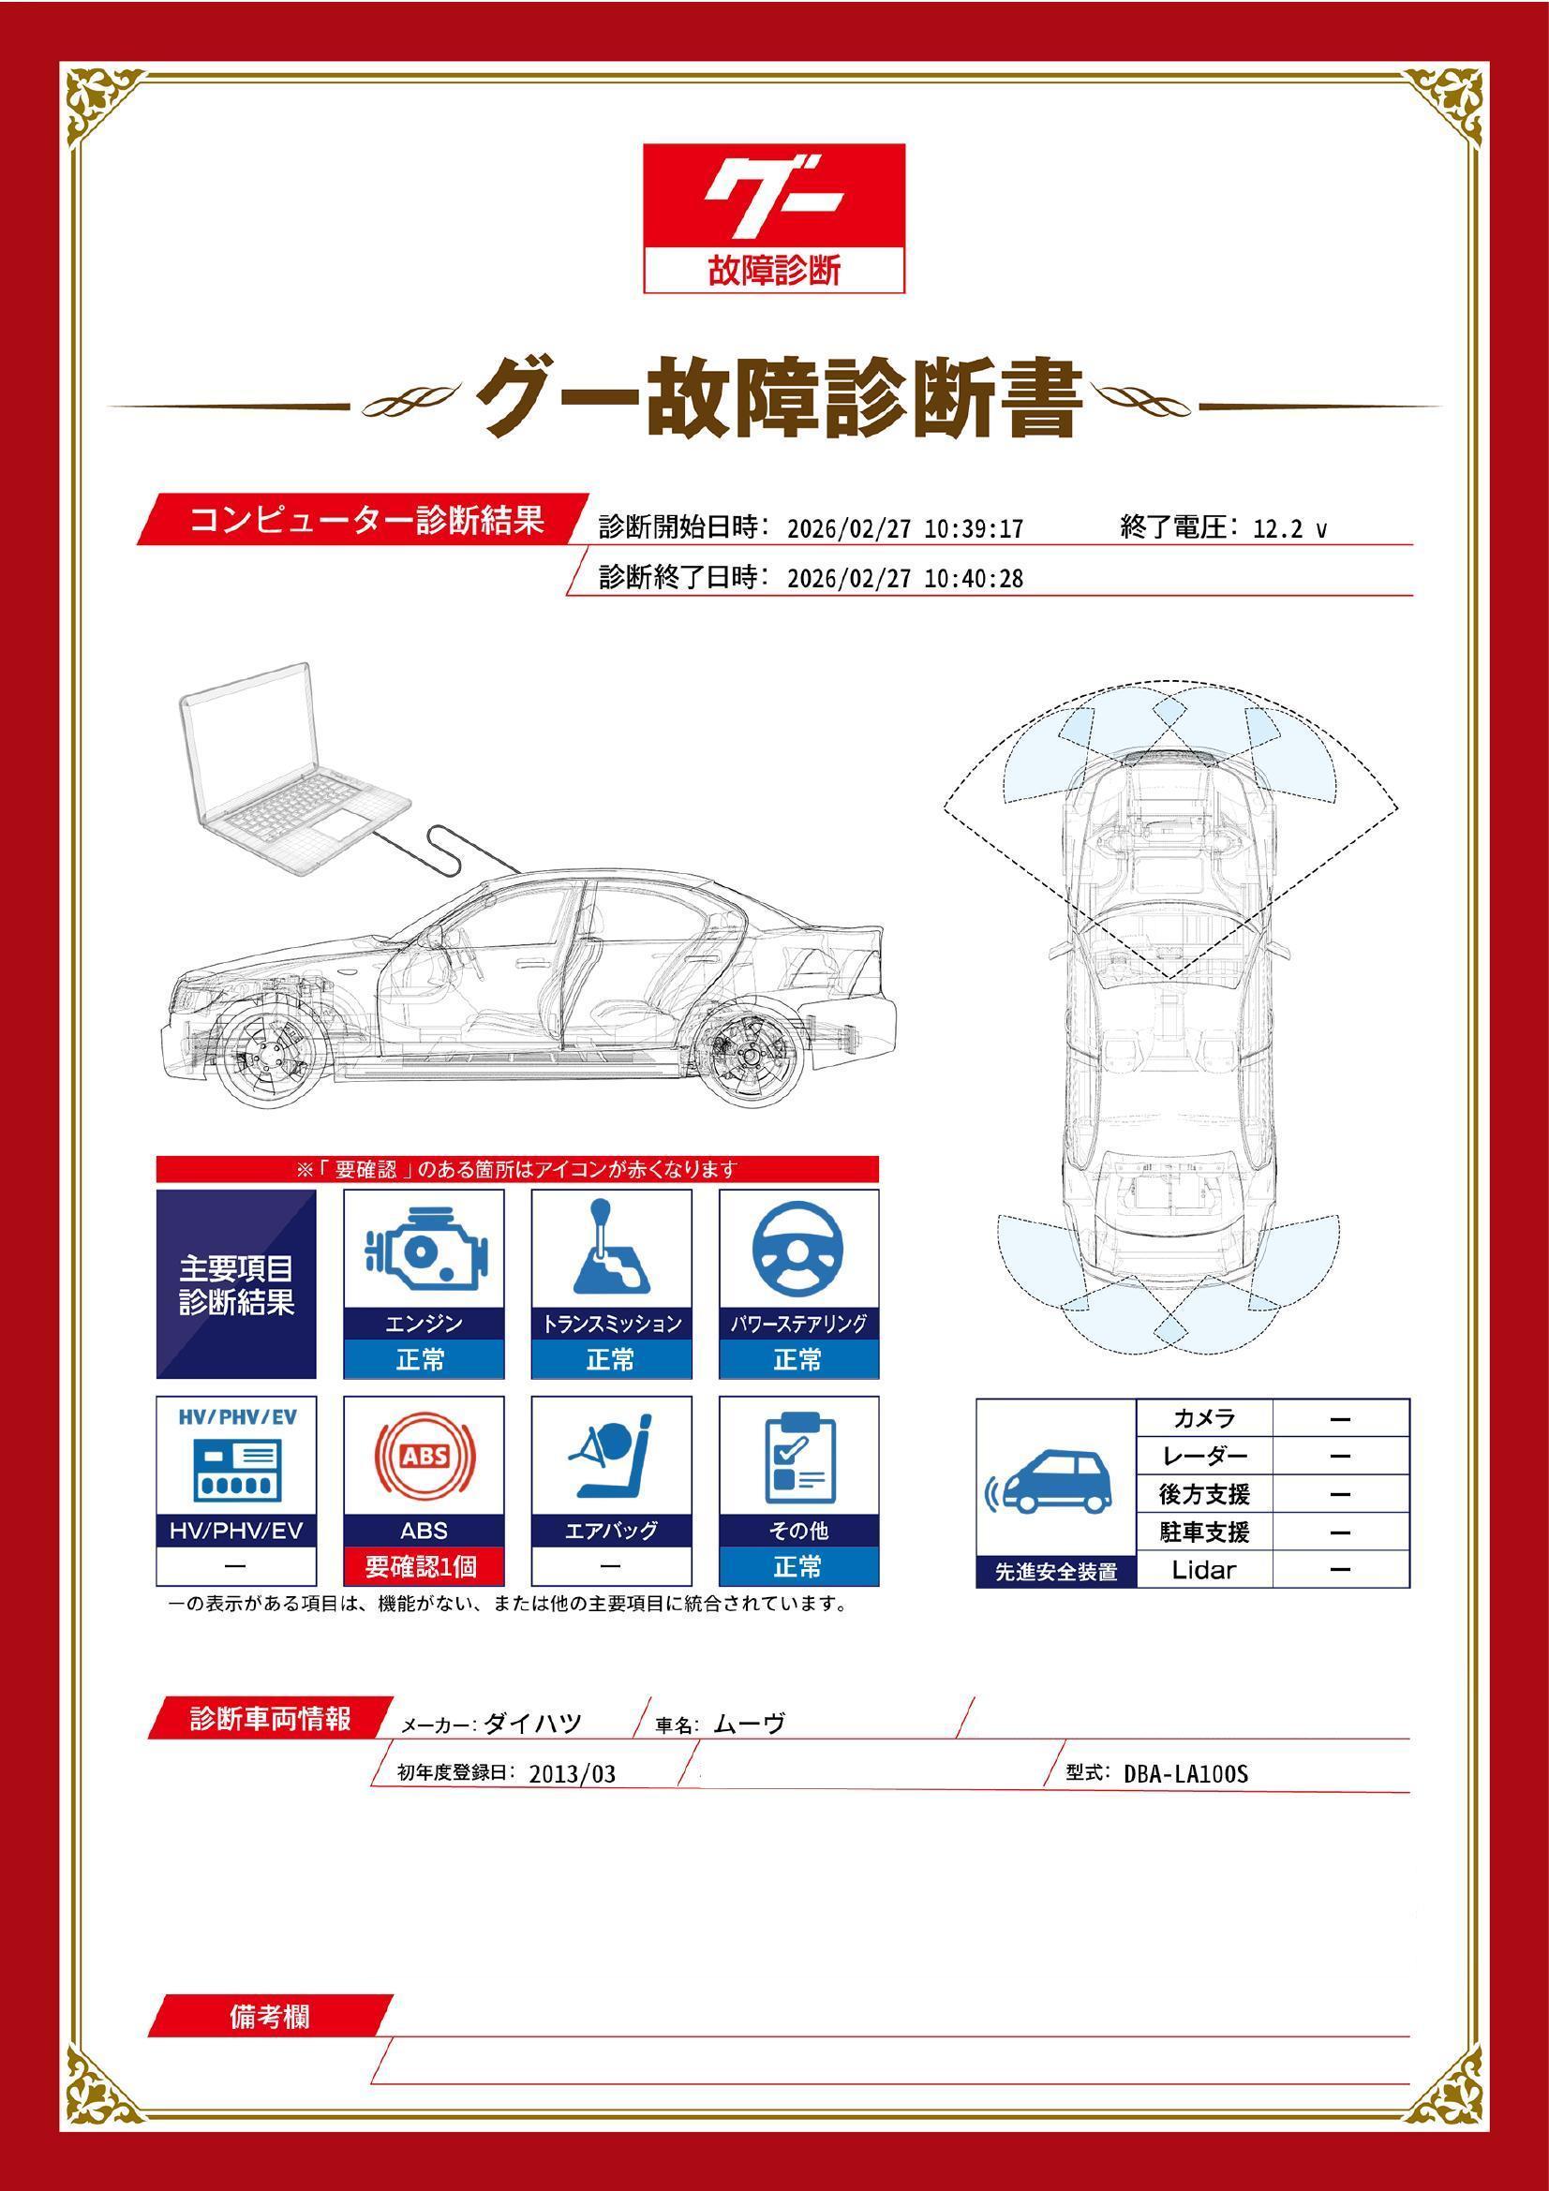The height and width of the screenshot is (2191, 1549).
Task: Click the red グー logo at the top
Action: coord(773,198)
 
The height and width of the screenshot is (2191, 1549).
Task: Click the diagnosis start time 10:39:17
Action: coord(973,528)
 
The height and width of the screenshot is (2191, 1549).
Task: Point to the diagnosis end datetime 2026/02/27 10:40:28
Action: coord(905,578)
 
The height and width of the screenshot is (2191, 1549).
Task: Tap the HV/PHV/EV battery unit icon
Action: coord(236,1470)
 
